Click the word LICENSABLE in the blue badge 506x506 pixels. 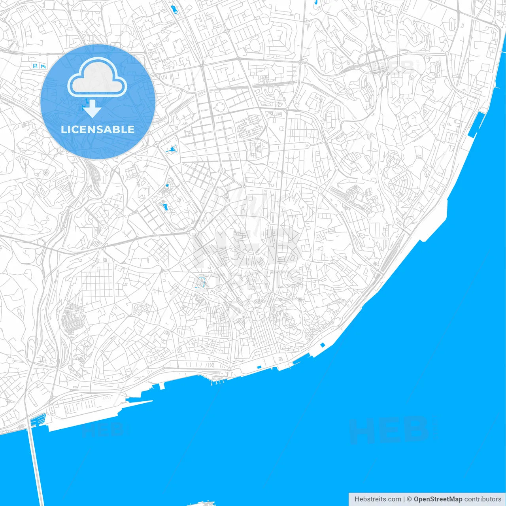pyautogui.click(x=98, y=129)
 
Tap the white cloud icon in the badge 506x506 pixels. pyautogui.click(x=97, y=78)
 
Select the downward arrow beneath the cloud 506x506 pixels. pyautogui.click(x=92, y=109)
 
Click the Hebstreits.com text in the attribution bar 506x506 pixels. pyautogui.click(x=378, y=499)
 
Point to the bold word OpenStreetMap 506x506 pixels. pyautogui.click(x=438, y=499)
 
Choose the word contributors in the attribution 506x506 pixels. pyautogui.click(x=483, y=499)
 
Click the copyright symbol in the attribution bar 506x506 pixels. pyautogui.click(x=409, y=499)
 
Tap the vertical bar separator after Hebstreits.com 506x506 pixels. pyautogui.click(x=404, y=499)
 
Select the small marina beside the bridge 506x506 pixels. pyautogui.click(x=38, y=419)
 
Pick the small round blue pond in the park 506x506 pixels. pyautogui.click(x=167, y=185)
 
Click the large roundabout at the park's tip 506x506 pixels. pyautogui.click(x=193, y=233)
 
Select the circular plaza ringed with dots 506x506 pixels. pyautogui.click(x=220, y=106)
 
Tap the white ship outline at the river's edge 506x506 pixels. pyautogui.click(x=202, y=504)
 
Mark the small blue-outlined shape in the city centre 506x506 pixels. pyautogui.click(x=201, y=282)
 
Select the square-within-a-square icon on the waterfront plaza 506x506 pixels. pyautogui.click(x=280, y=359)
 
